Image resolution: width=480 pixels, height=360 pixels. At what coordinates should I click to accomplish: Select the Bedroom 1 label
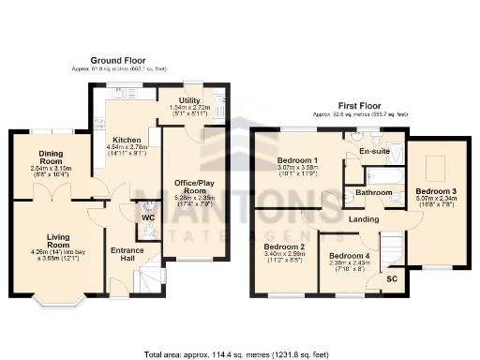tap(296, 160)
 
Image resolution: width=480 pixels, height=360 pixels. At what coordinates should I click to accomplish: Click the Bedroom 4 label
tap(348, 255)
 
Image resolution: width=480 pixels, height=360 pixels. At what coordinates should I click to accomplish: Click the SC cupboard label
tap(392, 278)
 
